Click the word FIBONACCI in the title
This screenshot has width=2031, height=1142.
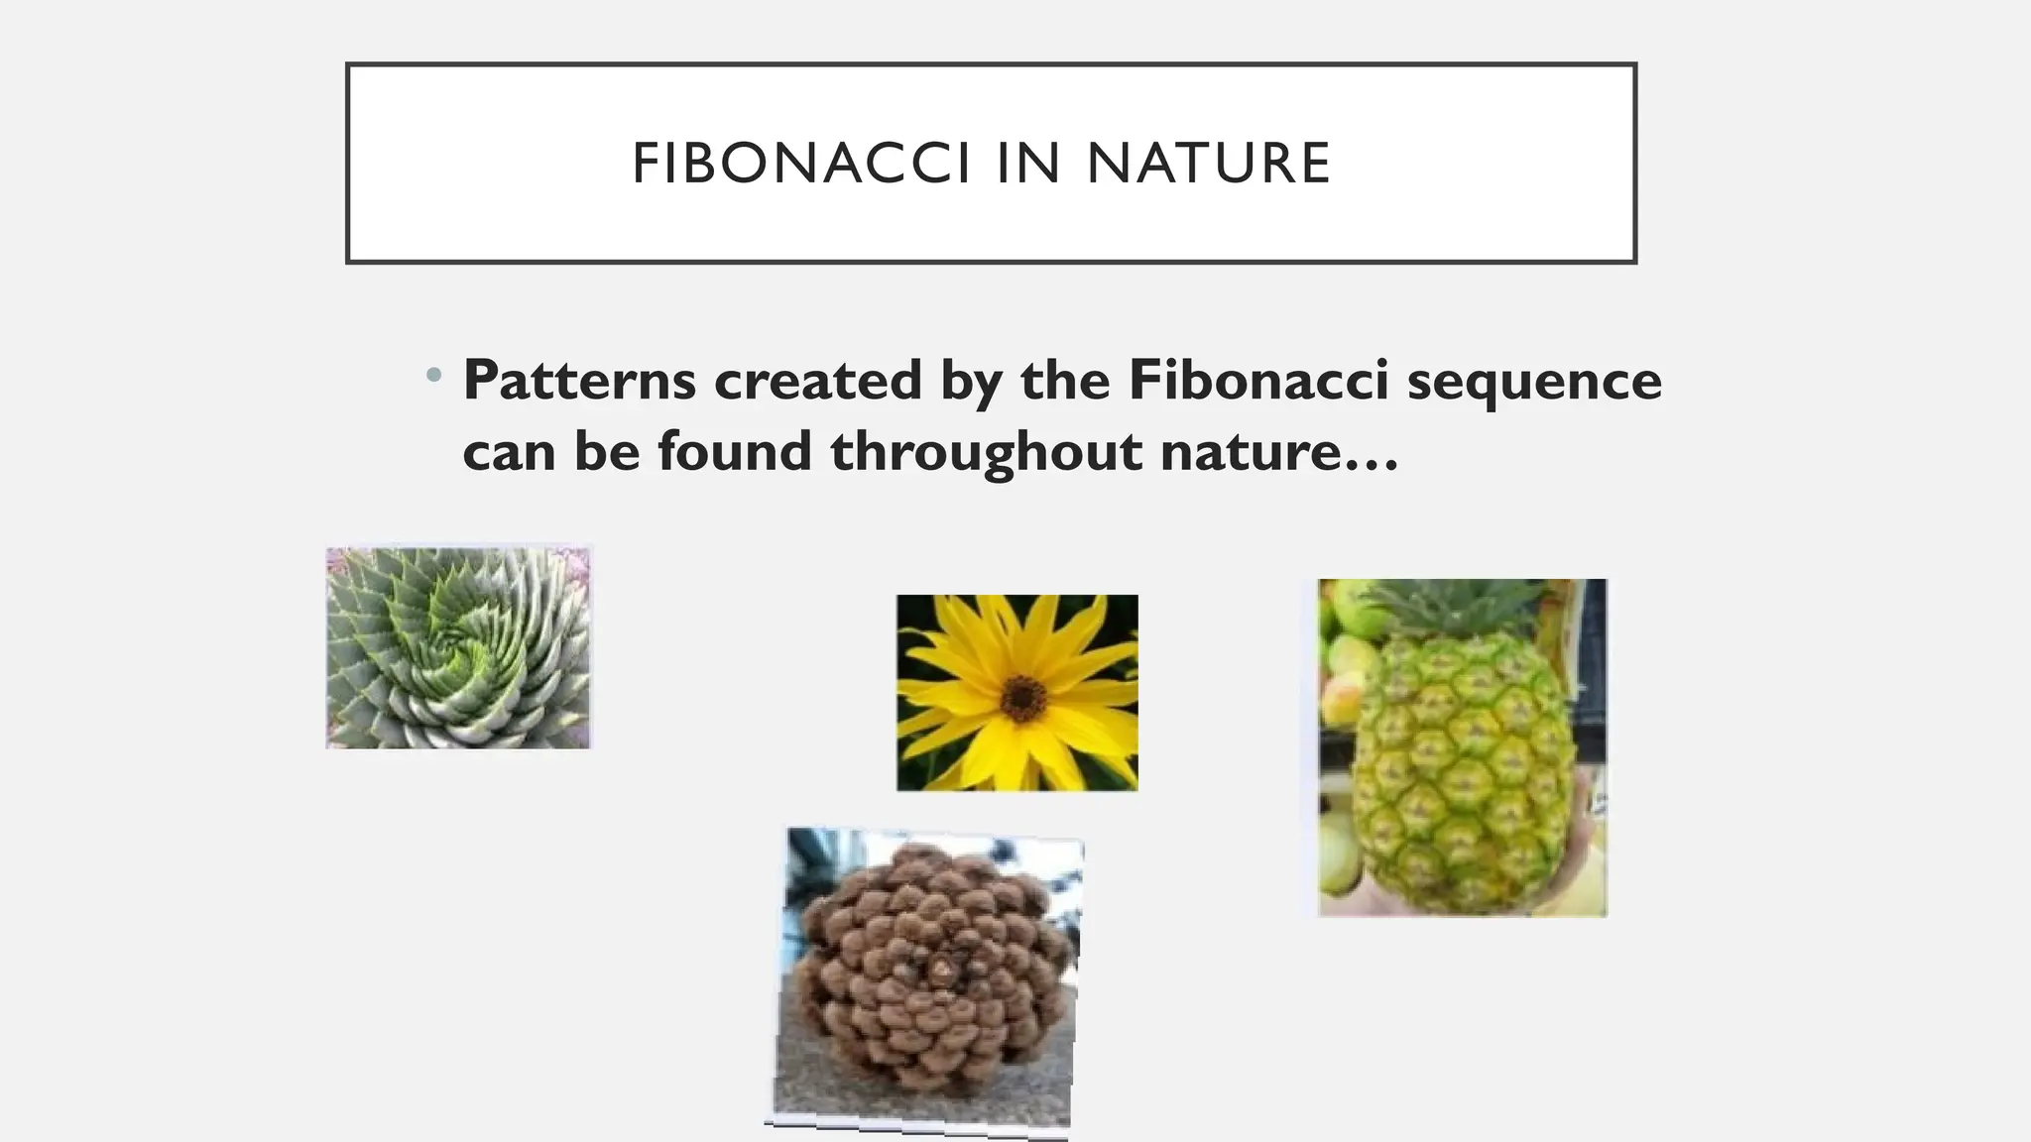point(800,164)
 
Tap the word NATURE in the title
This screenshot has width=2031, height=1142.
point(1208,164)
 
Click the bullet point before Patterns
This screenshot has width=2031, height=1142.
point(432,376)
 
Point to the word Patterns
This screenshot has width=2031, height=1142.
point(579,380)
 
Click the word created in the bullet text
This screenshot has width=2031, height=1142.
point(817,380)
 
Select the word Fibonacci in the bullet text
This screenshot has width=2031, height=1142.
point(1257,380)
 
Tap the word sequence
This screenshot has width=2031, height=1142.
point(1533,382)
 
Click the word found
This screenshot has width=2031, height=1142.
point(734,451)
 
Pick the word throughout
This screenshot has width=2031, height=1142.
point(987,453)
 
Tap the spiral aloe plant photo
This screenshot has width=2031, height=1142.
point(458,647)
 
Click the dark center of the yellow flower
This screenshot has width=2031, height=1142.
point(1021,697)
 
